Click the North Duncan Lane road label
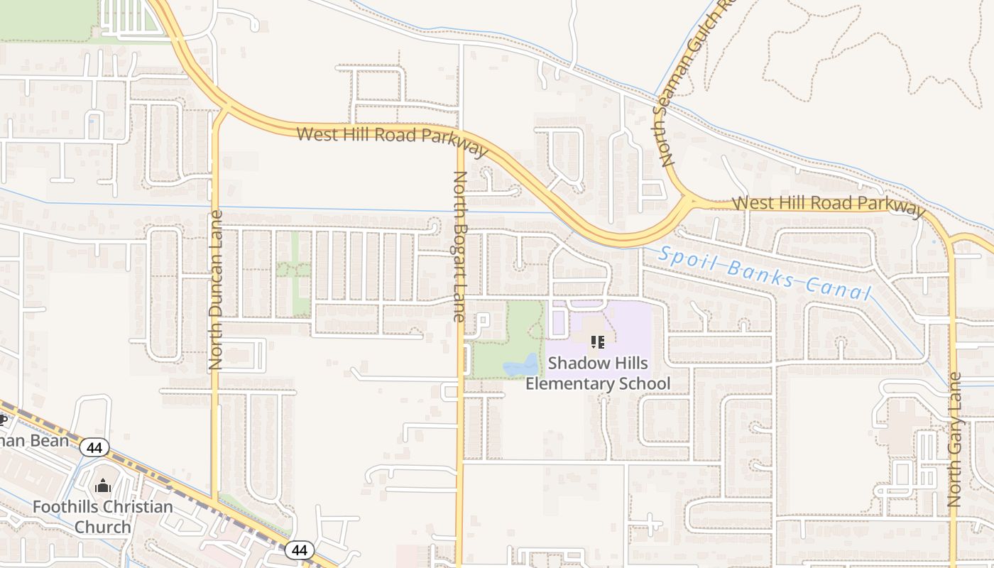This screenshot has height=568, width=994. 216,290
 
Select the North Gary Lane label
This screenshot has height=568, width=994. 954,439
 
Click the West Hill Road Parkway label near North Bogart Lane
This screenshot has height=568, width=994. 393,139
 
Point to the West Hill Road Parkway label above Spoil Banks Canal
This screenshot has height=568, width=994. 829,204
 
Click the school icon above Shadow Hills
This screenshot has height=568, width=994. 597,342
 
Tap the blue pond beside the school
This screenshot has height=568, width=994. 521,366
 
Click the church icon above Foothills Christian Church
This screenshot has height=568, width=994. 103,486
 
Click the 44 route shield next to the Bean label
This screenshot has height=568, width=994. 94,447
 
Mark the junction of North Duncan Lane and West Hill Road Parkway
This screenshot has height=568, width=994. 224,110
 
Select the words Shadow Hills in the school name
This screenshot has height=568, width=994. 598,364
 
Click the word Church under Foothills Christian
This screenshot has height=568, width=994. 103,527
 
